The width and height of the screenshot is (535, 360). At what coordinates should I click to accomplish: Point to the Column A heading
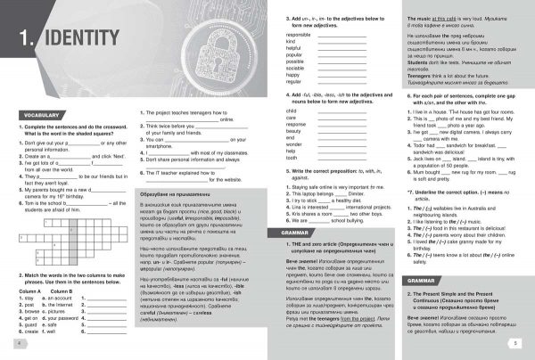click(29, 290)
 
